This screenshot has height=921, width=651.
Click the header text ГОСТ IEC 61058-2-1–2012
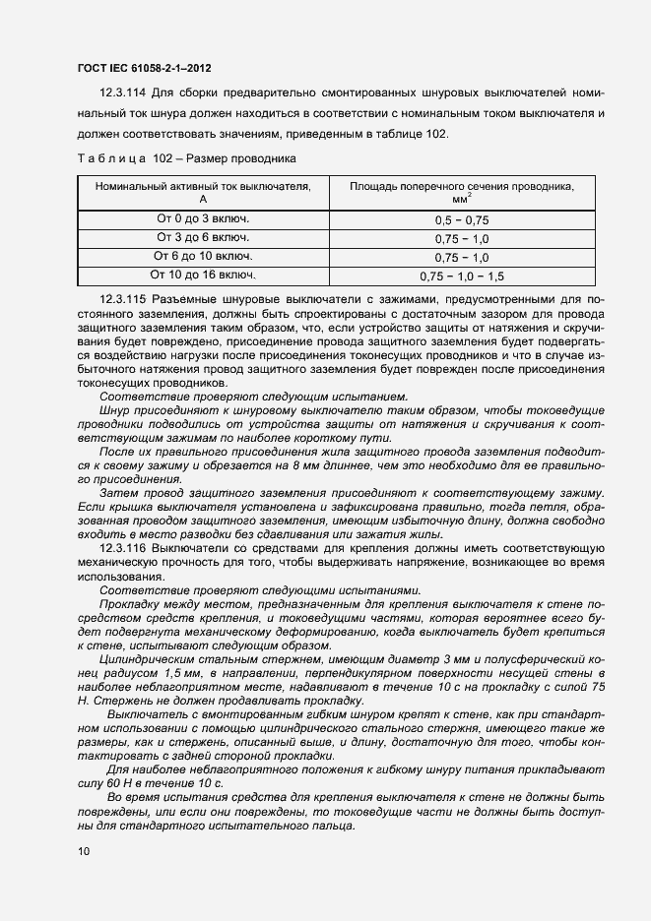click(144, 69)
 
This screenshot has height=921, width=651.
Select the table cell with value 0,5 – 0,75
click(462, 220)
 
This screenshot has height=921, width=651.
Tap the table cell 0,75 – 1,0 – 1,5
click(462, 276)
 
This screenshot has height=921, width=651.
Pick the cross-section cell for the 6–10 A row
click(462, 258)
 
